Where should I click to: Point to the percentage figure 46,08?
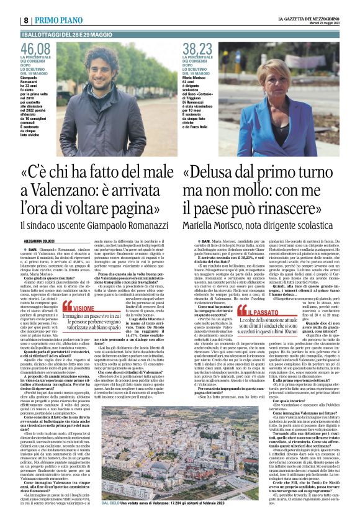tap(35, 48)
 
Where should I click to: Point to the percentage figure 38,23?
tap(197, 48)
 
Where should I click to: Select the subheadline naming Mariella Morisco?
tap(261, 227)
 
